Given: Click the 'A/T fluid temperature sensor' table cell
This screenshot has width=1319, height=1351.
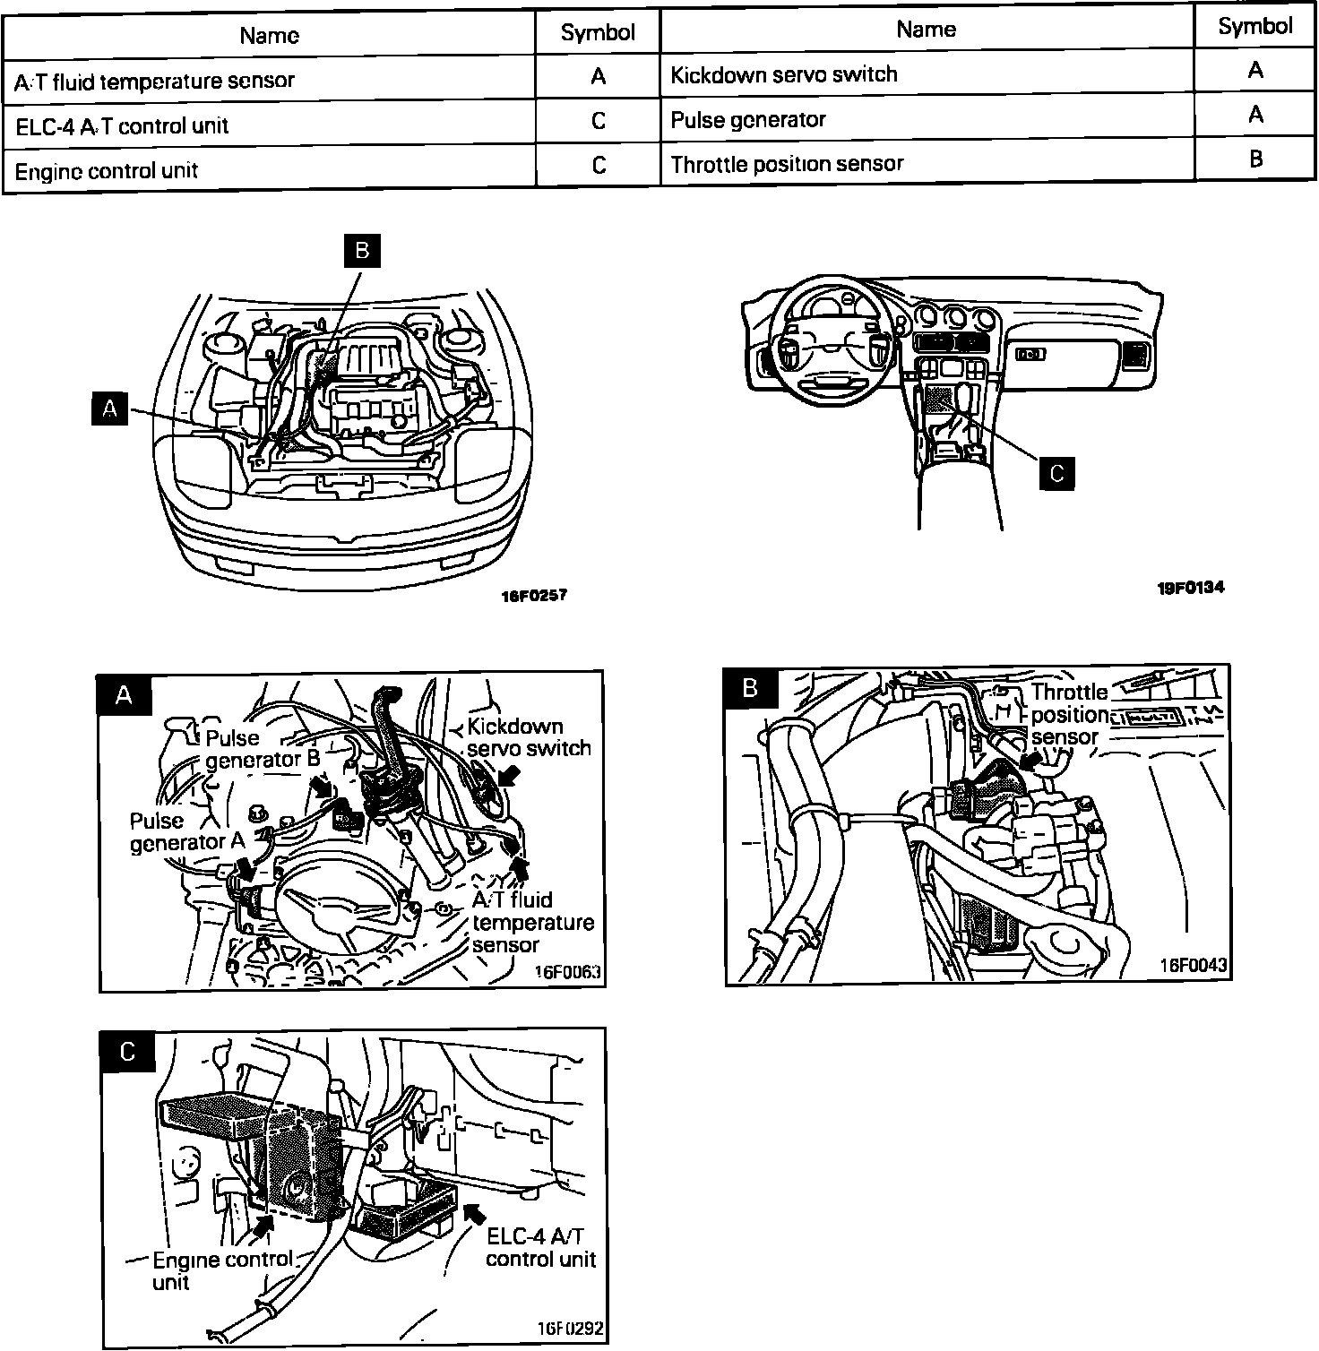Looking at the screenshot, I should click(154, 81).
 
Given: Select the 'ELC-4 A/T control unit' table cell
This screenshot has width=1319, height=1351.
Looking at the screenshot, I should click(123, 125).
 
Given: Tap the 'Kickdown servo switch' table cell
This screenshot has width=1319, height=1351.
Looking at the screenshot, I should click(784, 74).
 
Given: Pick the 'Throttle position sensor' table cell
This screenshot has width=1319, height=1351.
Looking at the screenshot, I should click(787, 164).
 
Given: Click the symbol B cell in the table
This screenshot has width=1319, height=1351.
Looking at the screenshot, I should click(1255, 159).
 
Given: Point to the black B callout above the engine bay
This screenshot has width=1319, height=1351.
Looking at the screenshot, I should click(362, 250).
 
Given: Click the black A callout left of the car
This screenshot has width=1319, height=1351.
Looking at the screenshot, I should click(110, 409).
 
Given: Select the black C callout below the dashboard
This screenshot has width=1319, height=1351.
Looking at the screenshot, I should click(1056, 473).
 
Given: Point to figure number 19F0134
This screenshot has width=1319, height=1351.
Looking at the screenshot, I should click(1190, 588).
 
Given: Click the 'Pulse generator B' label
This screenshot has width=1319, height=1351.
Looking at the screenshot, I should click(263, 749).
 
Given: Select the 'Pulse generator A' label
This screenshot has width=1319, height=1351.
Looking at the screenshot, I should click(187, 831).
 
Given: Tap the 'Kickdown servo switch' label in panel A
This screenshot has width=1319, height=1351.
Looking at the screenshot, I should click(529, 737).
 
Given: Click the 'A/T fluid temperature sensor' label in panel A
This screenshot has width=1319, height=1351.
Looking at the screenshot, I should click(532, 922).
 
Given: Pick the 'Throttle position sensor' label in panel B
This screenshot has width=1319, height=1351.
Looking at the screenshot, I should click(1069, 714).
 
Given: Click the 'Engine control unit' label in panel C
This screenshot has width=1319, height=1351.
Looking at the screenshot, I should click(221, 1269).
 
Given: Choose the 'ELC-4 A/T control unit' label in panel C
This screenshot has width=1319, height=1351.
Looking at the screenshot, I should click(540, 1247).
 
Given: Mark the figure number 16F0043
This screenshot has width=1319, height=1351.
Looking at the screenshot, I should click(1194, 966).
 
